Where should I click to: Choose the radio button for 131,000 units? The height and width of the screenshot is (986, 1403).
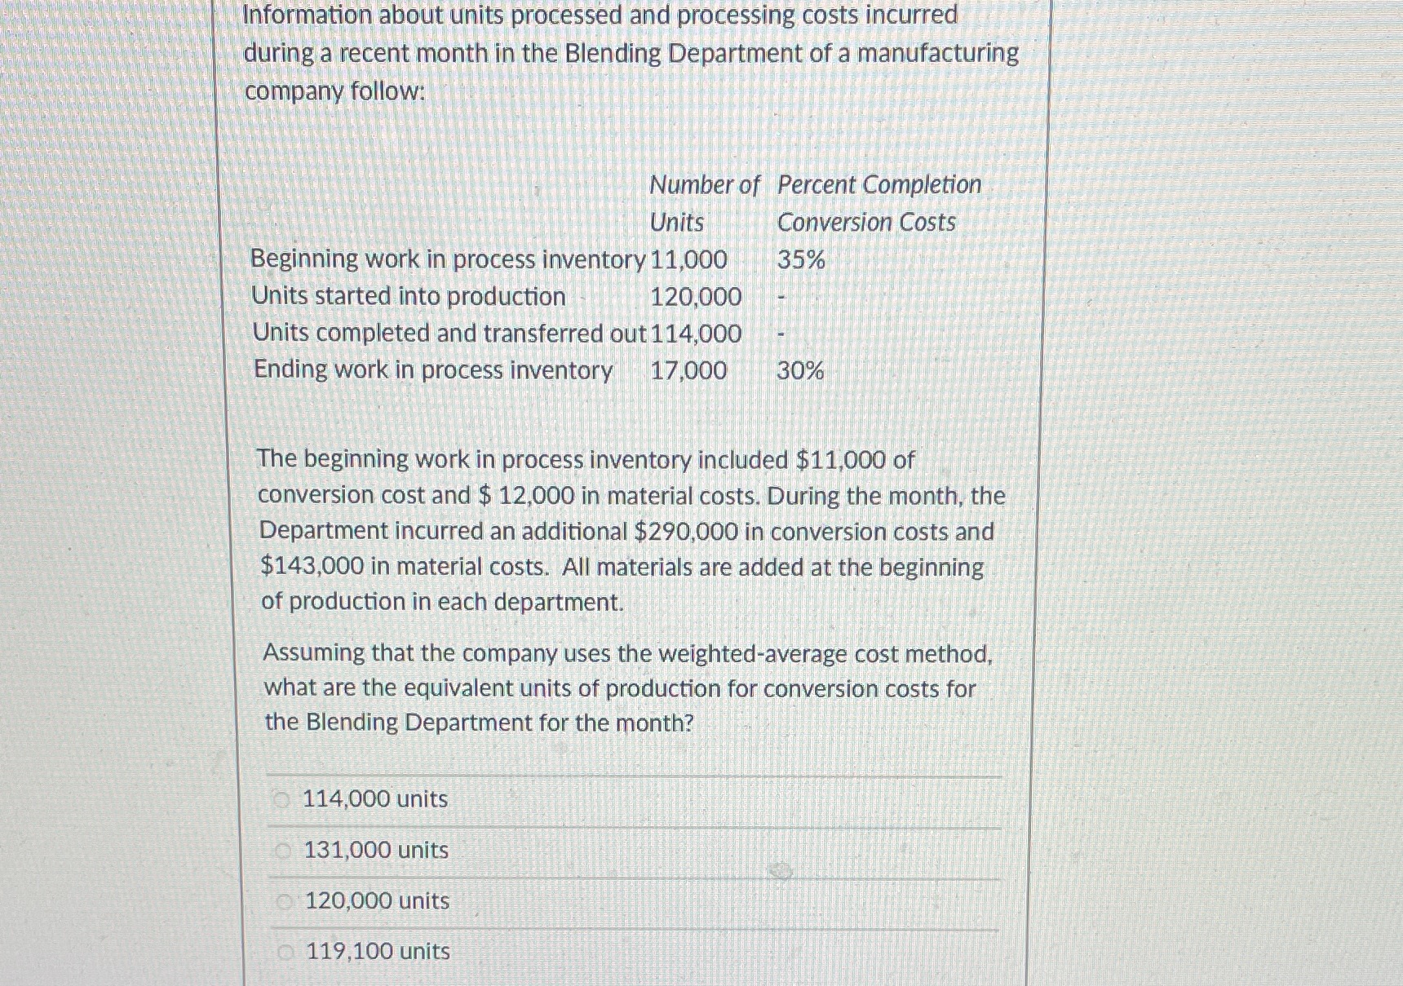click(x=283, y=851)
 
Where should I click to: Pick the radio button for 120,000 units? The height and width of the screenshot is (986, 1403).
click(x=284, y=902)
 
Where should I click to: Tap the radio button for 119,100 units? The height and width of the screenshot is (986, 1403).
click(x=285, y=952)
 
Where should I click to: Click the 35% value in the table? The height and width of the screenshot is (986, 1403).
click(x=801, y=260)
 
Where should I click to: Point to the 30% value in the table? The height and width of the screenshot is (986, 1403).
click(x=800, y=371)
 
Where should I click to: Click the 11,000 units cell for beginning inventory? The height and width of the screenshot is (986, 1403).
click(x=688, y=260)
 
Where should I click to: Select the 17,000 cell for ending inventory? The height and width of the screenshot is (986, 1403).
click(x=688, y=371)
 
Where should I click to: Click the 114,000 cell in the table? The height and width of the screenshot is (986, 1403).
click(x=696, y=334)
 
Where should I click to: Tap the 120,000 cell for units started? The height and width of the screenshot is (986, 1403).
click(x=696, y=297)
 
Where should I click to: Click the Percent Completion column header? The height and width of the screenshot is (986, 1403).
click(x=879, y=185)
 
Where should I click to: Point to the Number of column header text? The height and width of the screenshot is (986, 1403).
click(x=704, y=185)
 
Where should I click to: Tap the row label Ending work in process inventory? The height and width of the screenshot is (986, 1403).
click(x=433, y=370)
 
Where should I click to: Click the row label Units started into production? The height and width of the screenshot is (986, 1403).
click(x=409, y=296)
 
